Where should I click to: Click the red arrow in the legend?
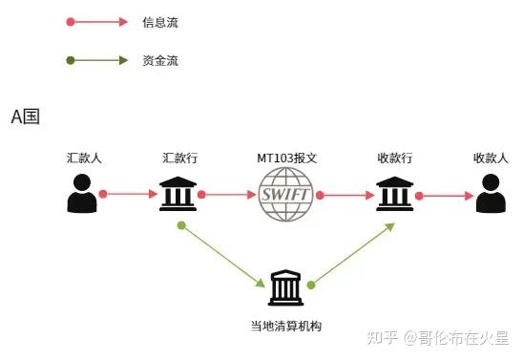[96, 21]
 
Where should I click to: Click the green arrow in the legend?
[96, 60]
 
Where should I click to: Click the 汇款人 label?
[83, 158]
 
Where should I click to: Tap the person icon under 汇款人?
[83, 195]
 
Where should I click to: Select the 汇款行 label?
[181, 158]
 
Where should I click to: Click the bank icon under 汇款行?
[181, 195]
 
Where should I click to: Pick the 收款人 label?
[491, 158]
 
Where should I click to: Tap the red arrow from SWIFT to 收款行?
[345, 195]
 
